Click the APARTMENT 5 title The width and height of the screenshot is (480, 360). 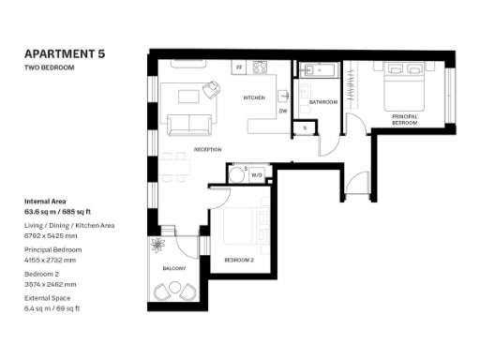[x=65, y=55]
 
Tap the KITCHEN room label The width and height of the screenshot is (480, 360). [x=254, y=97]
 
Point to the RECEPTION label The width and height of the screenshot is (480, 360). [x=207, y=149]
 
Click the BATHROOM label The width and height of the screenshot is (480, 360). [x=323, y=101]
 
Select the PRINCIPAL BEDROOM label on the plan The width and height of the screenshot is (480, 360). [x=404, y=119]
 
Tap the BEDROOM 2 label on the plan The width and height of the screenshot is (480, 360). [x=238, y=259]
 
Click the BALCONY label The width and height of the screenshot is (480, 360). [x=175, y=269]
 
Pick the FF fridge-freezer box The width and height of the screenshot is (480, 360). [x=240, y=68]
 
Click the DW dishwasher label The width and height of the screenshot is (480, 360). [x=282, y=112]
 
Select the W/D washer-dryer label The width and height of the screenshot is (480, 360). [x=256, y=174]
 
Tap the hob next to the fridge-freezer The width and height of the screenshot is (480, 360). [x=259, y=68]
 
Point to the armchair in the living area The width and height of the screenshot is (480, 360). [x=212, y=88]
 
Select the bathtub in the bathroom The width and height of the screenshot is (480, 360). [x=322, y=70]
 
